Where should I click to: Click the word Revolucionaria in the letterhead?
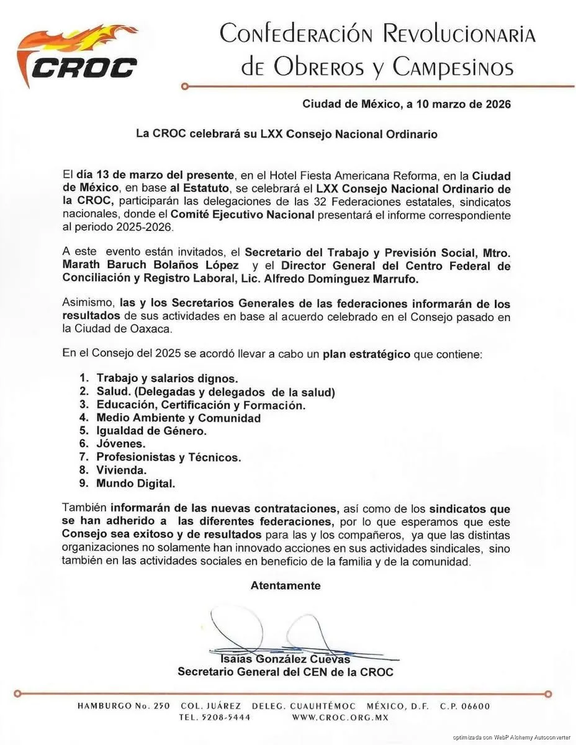point(459,34)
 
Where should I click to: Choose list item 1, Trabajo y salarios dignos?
point(166,378)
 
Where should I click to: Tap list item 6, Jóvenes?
point(121,443)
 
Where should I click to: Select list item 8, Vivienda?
point(122,470)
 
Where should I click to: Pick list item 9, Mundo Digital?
point(136,483)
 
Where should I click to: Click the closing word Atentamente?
point(286,585)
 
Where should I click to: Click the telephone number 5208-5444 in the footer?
point(223,717)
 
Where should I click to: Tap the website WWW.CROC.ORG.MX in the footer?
point(340,717)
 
